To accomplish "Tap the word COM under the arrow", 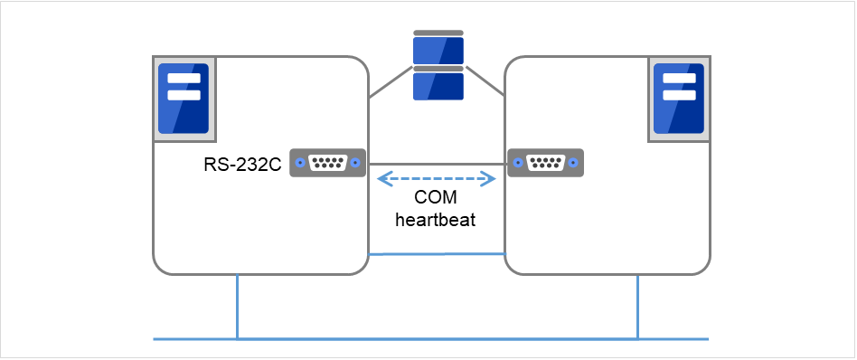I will coord(437,199).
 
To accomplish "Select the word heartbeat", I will coord(437,220).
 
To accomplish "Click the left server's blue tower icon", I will coord(184,99).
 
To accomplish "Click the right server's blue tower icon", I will coord(678,99).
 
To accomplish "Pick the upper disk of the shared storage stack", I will coord(438,50).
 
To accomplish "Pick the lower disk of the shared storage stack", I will coord(438,85).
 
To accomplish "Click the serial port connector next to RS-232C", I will coord(327,164).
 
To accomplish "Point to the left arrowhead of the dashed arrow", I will coord(381,179).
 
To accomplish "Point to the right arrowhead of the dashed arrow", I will coord(494,179).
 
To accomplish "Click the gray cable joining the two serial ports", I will coord(437,164).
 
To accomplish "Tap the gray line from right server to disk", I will coord(485,82).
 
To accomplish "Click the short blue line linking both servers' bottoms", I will coord(437,254).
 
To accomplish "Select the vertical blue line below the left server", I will coord(237,306).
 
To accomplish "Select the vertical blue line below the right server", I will coord(638,306).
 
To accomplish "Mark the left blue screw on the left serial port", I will coord(298,164).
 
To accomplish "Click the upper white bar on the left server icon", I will coord(184,78).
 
